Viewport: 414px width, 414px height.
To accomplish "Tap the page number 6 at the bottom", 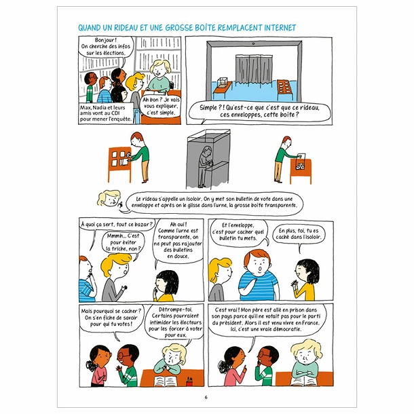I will coord(206,398).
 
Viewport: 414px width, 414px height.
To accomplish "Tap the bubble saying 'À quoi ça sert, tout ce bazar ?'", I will coord(116,225).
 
